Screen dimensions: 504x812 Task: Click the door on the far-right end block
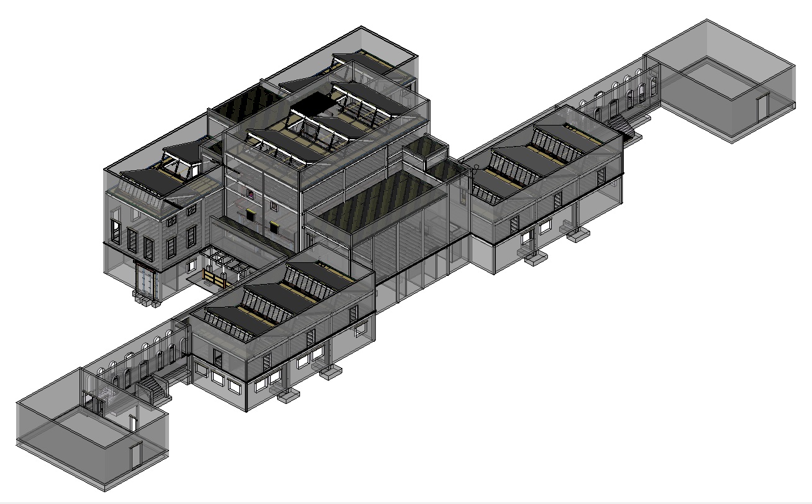(762, 106)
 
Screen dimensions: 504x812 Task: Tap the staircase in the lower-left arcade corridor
(152, 390)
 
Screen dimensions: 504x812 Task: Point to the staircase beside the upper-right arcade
(623, 126)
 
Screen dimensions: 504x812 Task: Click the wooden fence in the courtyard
(214, 278)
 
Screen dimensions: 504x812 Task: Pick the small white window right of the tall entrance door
(191, 268)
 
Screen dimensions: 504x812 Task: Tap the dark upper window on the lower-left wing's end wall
(217, 358)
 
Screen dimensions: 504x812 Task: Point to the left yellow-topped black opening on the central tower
(251, 216)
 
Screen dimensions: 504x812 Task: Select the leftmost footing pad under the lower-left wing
(289, 395)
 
